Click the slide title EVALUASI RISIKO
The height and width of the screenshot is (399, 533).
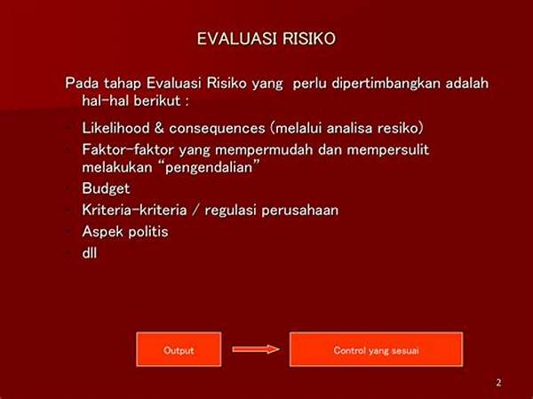coord(266,38)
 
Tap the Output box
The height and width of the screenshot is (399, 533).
coord(179,349)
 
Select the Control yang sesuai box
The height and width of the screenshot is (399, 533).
coord(377,349)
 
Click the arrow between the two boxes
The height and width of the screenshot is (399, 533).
coord(256,349)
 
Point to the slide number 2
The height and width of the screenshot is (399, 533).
coord(498,382)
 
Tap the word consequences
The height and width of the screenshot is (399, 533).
coord(217,129)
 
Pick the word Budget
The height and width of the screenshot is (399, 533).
coord(106,188)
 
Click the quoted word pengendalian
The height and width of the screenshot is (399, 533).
coord(209,168)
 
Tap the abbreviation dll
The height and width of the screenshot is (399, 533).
coord(90,252)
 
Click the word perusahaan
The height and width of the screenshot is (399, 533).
coord(300,211)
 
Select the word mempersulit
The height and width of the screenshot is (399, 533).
coord(388,150)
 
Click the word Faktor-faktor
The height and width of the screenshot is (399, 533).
coord(128,149)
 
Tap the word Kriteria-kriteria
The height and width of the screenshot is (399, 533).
coord(135,210)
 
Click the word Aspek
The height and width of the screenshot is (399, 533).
coord(103,232)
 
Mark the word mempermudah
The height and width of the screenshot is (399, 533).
coord(264,150)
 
